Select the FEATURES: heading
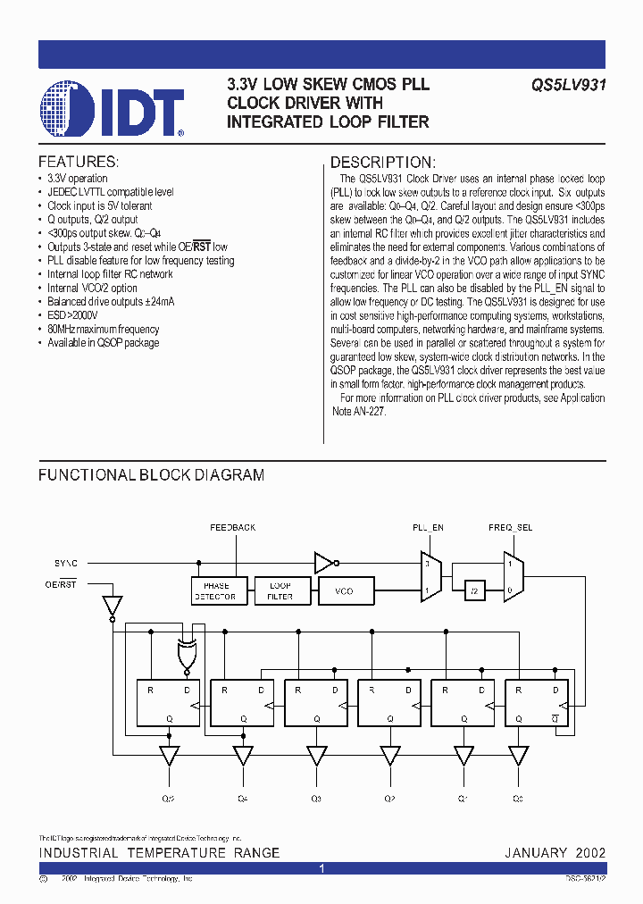[78, 162]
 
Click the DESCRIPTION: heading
[383, 162]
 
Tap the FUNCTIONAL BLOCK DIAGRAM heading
[151, 475]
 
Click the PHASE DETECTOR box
[215, 591]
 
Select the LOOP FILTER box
[280, 591]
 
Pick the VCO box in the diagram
[344, 591]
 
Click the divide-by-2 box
[474, 591]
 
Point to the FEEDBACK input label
[233, 528]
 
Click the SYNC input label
[66, 564]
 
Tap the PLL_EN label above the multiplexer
[428, 528]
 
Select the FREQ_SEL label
[510, 528]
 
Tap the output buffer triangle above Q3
[316, 756]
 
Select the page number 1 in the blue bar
[321, 868]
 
